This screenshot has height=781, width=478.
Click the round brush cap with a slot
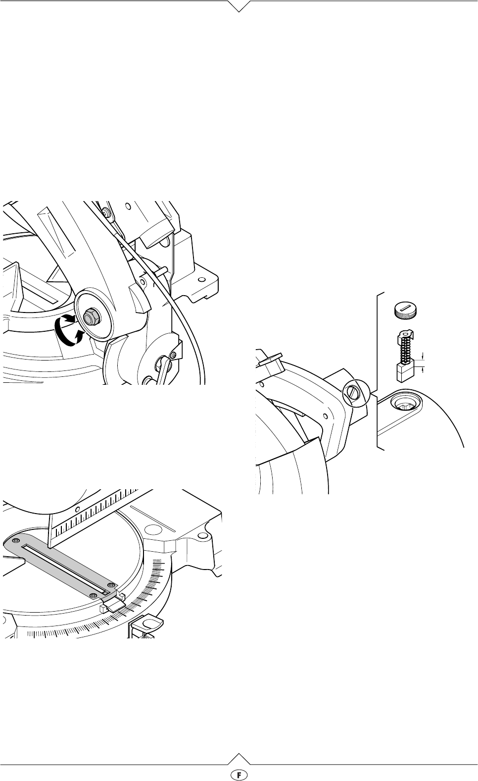[407, 310]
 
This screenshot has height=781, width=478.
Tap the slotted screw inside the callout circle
[355, 393]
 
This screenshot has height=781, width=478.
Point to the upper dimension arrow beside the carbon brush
[423, 356]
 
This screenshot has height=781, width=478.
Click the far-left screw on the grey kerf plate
[15, 540]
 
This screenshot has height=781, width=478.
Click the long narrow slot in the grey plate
[65, 569]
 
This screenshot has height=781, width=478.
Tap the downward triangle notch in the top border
[239, 6]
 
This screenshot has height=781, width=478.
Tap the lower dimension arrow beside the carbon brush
[423, 369]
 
